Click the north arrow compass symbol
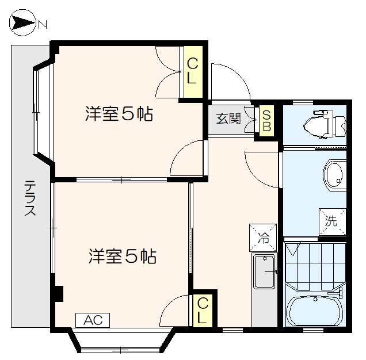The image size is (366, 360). [x=24, y=24]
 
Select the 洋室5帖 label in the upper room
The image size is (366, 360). [x=119, y=114]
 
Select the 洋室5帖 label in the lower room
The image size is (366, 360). [x=122, y=256]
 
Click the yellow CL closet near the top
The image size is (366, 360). [x=192, y=70]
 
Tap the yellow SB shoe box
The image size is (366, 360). [x=266, y=120]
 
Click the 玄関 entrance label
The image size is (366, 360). [x=228, y=119]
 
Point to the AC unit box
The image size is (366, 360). [x=92, y=320]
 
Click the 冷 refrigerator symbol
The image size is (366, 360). [x=262, y=236]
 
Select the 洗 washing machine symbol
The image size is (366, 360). [x=333, y=220]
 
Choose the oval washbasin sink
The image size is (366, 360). [x=333, y=174]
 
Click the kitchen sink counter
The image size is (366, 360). [x=265, y=273]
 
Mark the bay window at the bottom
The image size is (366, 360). [x=120, y=343]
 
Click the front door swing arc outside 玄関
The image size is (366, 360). [x=230, y=81]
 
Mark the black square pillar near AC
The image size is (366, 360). [x=58, y=293]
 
